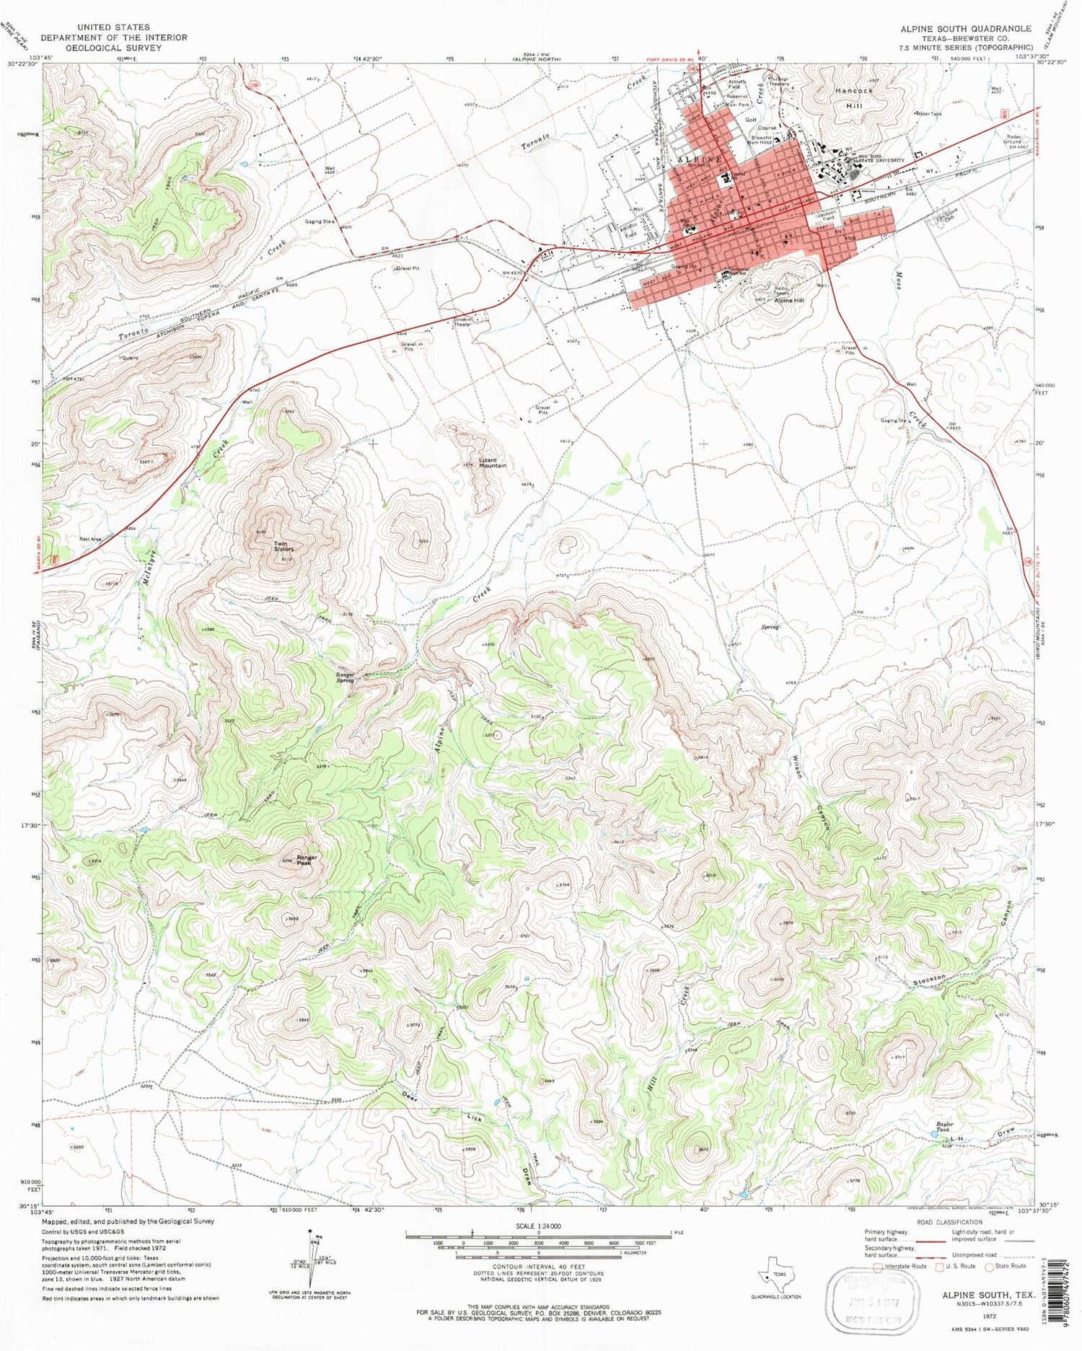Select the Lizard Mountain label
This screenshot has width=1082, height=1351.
[493, 462]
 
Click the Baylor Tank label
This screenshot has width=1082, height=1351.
[945, 1127]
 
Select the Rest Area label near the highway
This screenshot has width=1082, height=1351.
[90, 539]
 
